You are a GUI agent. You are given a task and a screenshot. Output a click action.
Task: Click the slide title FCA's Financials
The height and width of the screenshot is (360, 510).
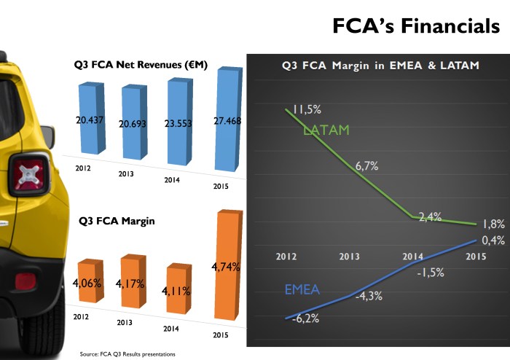416,26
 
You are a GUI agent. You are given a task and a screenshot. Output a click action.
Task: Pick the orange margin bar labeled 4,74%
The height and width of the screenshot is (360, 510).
227,266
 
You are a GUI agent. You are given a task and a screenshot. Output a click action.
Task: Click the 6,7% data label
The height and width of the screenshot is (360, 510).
366,166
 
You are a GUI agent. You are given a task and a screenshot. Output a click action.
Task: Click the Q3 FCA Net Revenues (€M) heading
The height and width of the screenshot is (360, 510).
141,65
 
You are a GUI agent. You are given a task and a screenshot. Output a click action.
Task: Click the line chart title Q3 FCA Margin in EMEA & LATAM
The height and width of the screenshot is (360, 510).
380,66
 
